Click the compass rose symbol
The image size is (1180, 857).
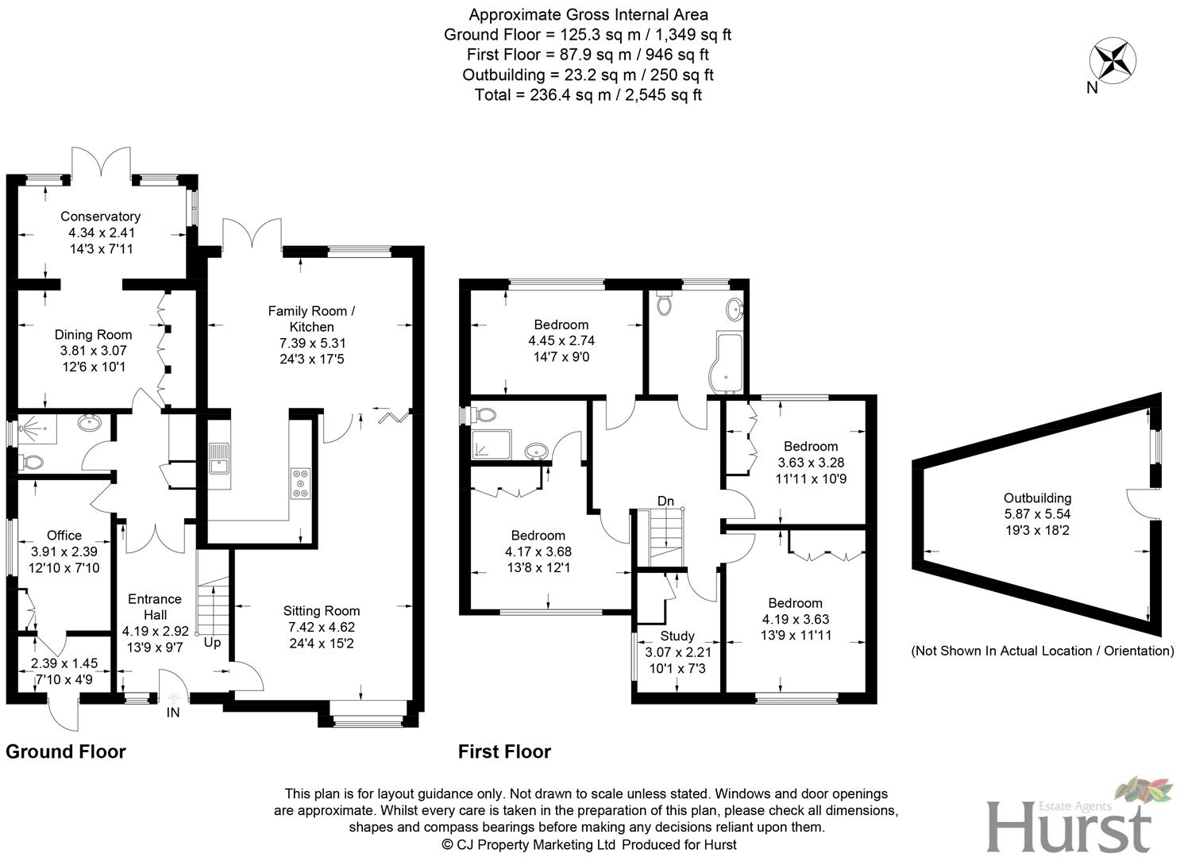click(1113, 60)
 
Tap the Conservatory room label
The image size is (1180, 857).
click(100, 216)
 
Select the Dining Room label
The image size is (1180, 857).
click(93, 335)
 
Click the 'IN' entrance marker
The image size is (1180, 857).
click(172, 713)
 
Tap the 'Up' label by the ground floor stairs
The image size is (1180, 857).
click(212, 643)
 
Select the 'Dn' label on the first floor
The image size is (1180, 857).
click(665, 501)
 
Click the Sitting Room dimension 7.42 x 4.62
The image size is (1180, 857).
click(322, 627)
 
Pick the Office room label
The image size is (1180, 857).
click(64, 535)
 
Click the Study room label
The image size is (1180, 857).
click(677, 636)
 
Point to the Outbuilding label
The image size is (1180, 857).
click(1037, 498)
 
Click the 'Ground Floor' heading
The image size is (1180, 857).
click(66, 751)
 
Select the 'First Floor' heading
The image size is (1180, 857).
click(504, 751)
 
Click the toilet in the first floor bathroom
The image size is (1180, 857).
click(664, 303)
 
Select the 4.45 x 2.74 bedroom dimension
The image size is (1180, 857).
click(561, 340)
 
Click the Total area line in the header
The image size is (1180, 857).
click(588, 95)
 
